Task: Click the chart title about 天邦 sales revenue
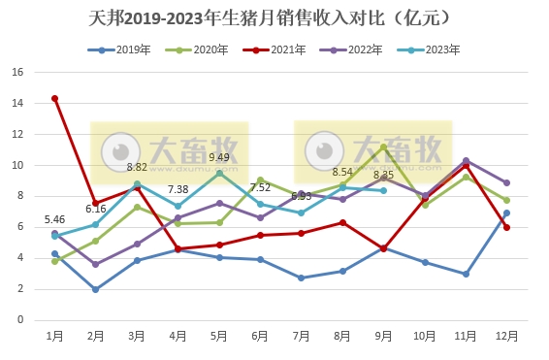tap(274, 18)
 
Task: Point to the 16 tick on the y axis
tap(17, 72)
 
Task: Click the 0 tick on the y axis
tap(20, 319)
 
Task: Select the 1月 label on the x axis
tap(55, 336)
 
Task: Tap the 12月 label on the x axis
tap(506, 336)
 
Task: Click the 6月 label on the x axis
tap(260, 336)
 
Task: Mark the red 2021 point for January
tap(54, 98)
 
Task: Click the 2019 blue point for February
tap(95, 289)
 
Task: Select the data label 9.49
tap(219, 157)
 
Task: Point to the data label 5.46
tap(54, 220)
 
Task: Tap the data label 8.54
tap(342, 172)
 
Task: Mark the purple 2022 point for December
tap(506, 182)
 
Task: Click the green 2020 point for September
tap(383, 147)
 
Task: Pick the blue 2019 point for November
tap(466, 274)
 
